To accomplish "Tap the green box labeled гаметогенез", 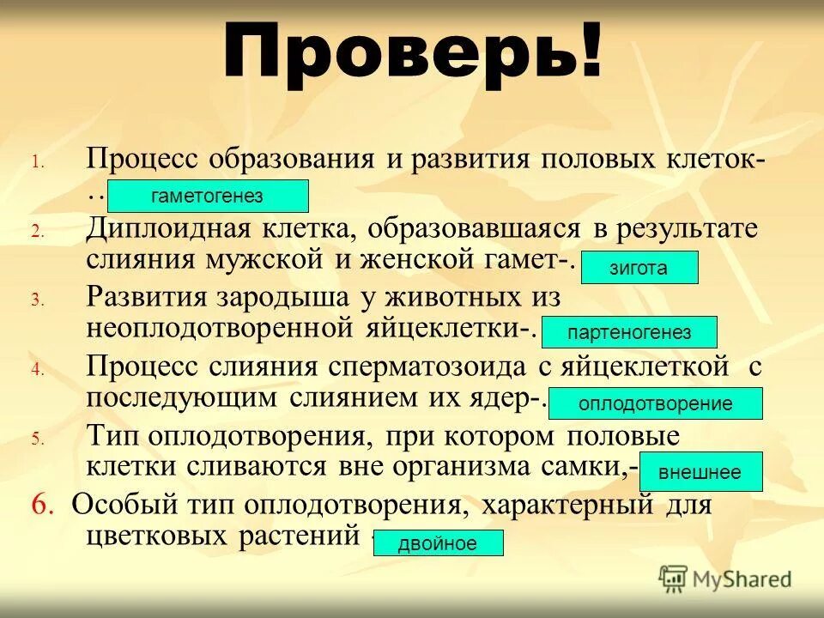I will click(x=208, y=196).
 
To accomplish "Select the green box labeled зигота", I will click(x=639, y=268).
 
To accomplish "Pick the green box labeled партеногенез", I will click(x=629, y=332).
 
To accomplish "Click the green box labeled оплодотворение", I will click(x=655, y=403).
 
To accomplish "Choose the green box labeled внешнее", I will click(x=699, y=472).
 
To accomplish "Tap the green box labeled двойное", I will click(x=438, y=543).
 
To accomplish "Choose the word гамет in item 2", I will click(x=515, y=257).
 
